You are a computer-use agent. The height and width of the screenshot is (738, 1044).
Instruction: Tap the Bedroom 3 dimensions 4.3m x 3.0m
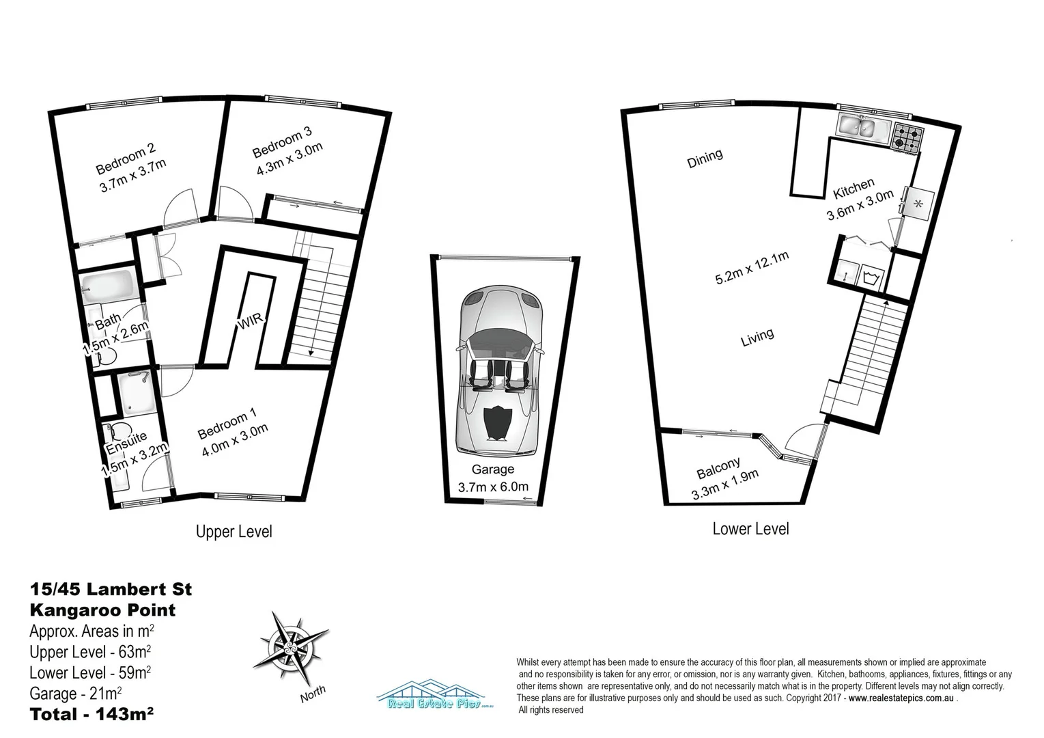coord(289,159)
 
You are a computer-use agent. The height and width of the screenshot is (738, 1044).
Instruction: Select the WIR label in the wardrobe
coord(250,322)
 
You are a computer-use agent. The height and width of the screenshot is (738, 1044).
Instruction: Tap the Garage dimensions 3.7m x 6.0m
coord(493,487)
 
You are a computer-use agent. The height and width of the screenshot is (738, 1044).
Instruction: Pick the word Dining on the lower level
coord(705,158)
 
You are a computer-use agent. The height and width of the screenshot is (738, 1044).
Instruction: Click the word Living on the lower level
coord(757,337)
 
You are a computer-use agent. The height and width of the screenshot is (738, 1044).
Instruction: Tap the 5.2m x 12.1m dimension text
coord(752,268)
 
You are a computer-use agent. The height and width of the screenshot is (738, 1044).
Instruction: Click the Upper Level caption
coord(234,531)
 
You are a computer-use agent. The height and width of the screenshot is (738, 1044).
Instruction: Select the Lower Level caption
coord(750,528)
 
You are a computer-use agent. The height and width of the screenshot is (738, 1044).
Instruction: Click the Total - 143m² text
coord(91,715)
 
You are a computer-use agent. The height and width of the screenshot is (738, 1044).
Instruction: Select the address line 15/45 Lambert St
coord(111,589)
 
